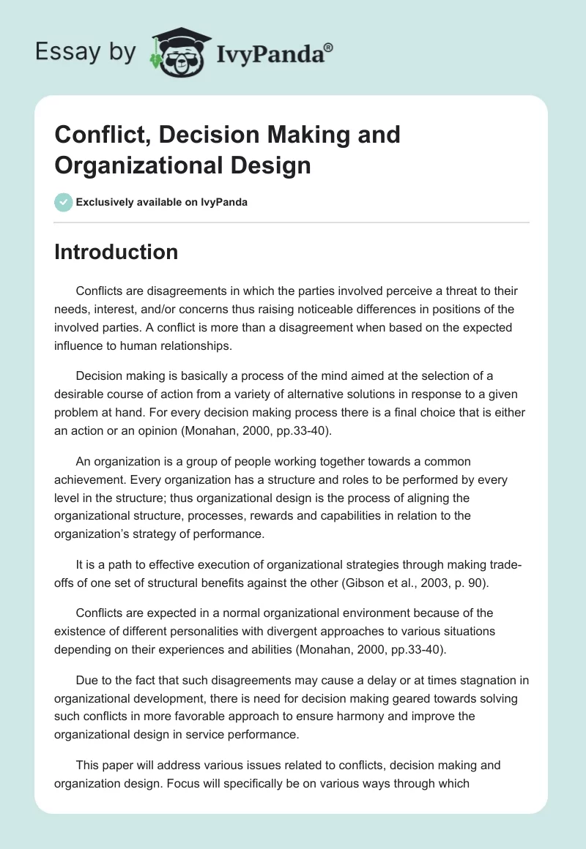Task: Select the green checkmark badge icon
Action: point(64,202)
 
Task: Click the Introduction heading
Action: point(116,252)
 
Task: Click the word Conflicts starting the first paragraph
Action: point(100,291)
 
